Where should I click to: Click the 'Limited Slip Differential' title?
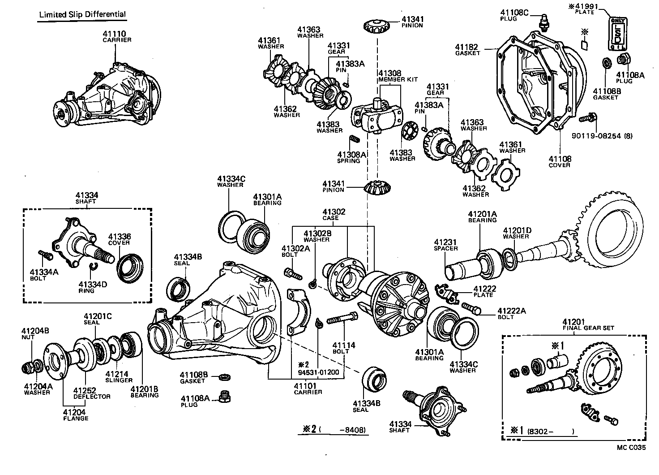(x=82, y=14)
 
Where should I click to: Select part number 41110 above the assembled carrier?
(x=115, y=34)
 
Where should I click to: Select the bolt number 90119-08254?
(x=603, y=135)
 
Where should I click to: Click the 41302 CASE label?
(x=334, y=215)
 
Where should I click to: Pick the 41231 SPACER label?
(x=446, y=245)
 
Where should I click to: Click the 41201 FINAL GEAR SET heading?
(x=588, y=324)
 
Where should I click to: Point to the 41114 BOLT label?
(x=343, y=348)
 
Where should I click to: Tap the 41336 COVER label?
(x=119, y=239)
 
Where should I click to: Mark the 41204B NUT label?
(x=35, y=334)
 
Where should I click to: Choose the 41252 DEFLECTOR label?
(x=92, y=393)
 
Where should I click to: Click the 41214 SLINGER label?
(x=116, y=377)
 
